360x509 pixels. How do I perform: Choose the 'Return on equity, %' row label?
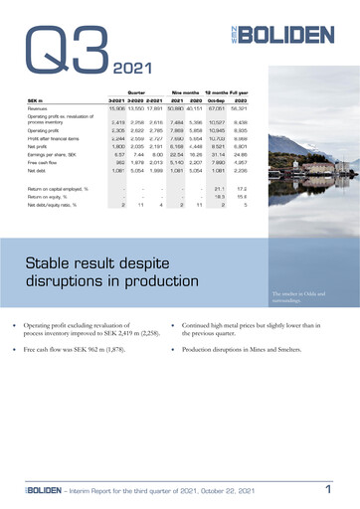pyautogui.click(x=51, y=196)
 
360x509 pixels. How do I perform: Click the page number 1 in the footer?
pyautogui.click(x=327, y=489)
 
